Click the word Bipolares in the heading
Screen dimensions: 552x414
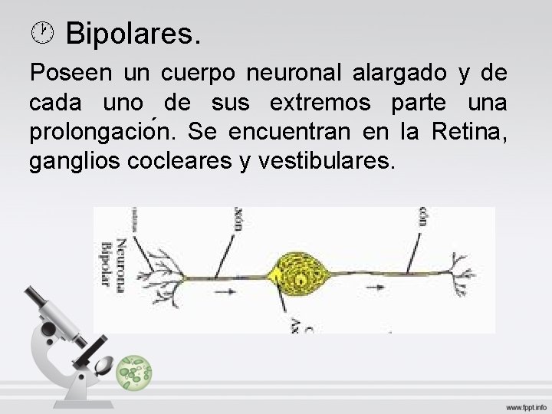pyautogui.click(x=133, y=34)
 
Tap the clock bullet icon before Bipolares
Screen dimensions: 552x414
pyautogui.click(x=44, y=32)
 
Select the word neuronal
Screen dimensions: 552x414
pyautogui.click(x=296, y=74)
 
